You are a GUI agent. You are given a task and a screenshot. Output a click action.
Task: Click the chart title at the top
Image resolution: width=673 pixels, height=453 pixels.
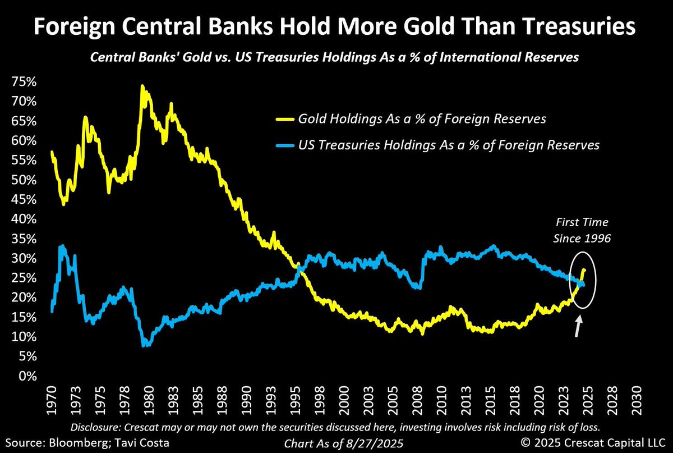336,27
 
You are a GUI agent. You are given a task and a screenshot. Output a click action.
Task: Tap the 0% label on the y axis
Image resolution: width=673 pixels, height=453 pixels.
27,376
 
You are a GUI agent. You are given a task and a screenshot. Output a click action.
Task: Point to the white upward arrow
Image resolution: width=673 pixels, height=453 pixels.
577,326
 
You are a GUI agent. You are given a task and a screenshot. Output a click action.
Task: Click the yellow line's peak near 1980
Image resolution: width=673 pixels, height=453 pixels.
142,86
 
